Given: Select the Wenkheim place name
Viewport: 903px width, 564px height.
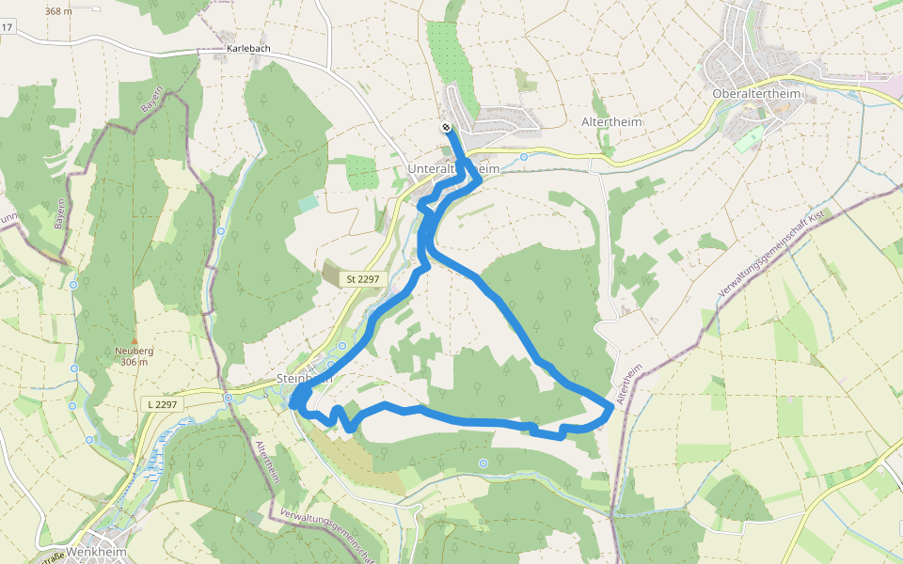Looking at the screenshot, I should (x=97, y=552).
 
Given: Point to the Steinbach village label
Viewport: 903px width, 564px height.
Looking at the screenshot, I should (x=306, y=378).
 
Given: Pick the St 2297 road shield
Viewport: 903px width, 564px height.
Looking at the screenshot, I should (x=362, y=278).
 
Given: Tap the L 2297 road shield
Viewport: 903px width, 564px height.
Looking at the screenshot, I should (x=163, y=403).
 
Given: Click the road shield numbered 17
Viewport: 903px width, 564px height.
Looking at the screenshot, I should (x=7, y=27).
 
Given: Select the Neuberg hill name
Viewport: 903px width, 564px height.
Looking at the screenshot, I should (x=134, y=351).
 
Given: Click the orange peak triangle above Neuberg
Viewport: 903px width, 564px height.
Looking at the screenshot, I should (x=135, y=340).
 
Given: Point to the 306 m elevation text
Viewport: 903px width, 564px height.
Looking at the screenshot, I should (x=135, y=362).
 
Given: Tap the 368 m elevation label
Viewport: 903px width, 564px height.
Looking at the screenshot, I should (x=58, y=11).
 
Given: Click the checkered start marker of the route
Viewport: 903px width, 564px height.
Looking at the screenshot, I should (x=446, y=128).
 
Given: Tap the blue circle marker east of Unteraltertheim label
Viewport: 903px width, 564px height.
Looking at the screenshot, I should (x=524, y=157).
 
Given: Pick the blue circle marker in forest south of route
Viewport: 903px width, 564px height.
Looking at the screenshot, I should (x=483, y=462).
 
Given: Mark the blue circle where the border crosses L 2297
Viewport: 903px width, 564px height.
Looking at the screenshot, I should (x=229, y=398).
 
